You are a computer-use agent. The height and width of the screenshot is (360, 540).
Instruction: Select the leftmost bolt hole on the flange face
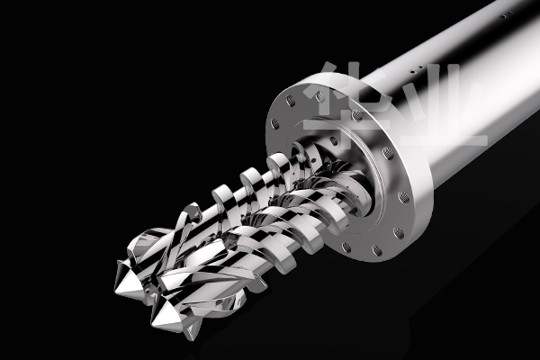coord(274,123)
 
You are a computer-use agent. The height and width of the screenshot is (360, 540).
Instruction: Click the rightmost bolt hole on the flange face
coord(403,197)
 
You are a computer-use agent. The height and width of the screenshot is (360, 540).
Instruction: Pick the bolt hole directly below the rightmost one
coord(399,233)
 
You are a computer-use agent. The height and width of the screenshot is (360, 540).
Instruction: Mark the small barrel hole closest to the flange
coord(412,72)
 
